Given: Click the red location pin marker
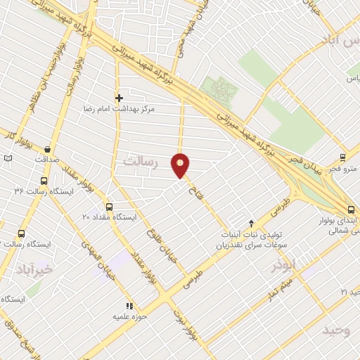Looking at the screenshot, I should pyautogui.click(x=181, y=165).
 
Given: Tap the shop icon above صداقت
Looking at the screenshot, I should pyautogui.click(x=47, y=149).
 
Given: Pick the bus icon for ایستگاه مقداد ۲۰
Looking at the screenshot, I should pyautogui.click(x=109, y=207).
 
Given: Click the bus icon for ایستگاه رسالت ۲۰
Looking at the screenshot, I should pyautogui.click(x=21, y=233).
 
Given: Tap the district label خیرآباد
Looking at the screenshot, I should pyautogui.click(x=34, y=269).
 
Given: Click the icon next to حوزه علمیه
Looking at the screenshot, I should pyautogui.click(x=128, y=306).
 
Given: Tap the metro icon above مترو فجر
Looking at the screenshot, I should pyautogui.click(x=342, y=157).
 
